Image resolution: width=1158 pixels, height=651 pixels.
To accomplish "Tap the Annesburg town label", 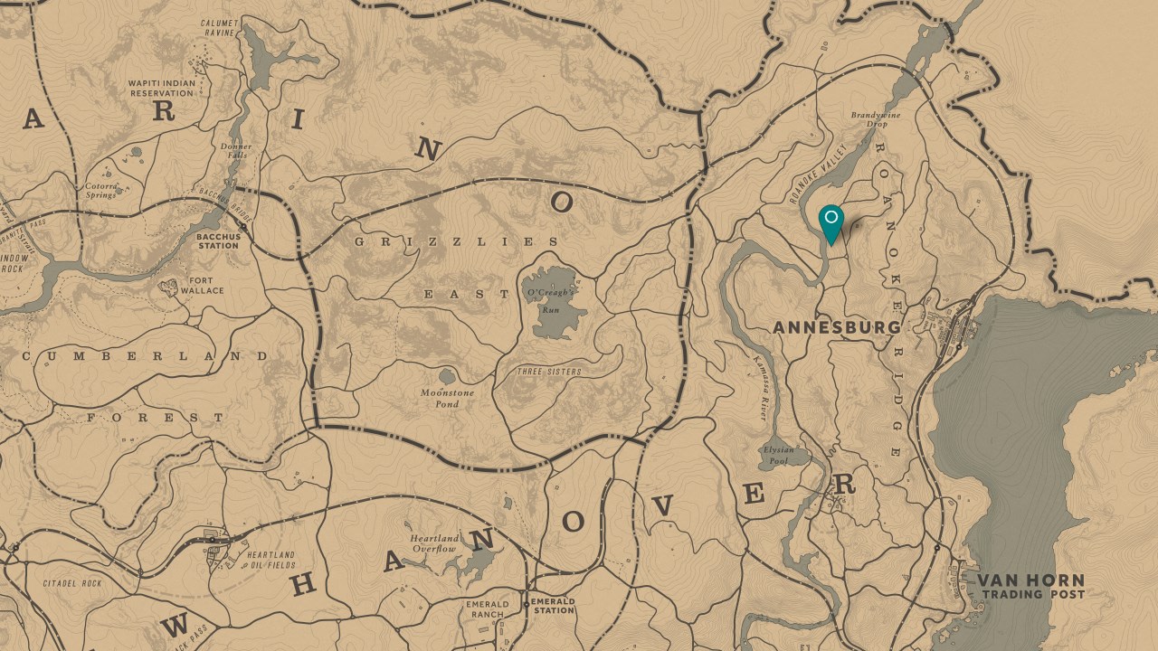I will point(837,327).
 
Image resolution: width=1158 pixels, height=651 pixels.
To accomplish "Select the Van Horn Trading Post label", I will point(1030,587).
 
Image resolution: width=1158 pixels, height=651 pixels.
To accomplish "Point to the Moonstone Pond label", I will point(447,398).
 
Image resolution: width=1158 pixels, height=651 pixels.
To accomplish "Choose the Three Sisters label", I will point(549,372).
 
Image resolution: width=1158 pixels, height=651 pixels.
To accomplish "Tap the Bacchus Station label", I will point(217,241).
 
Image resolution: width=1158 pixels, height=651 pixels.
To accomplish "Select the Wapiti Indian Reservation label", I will point(162,88).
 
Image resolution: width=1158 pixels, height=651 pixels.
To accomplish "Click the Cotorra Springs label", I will point(100,191).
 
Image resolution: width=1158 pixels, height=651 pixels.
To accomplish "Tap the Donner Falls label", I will point(236,151).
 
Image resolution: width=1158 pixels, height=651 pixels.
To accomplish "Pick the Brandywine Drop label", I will point(869,119).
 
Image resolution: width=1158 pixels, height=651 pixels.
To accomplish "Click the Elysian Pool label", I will point(778,455).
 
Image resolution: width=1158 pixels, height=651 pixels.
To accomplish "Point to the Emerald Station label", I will point(553,606).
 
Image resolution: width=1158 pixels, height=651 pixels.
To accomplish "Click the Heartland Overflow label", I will point(435,543).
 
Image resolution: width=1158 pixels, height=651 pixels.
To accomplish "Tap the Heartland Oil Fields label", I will point(271,560).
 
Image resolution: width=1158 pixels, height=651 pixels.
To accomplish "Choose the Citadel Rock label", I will point(72,584).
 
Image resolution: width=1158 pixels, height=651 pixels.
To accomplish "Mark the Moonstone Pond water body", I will point(447,376).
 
